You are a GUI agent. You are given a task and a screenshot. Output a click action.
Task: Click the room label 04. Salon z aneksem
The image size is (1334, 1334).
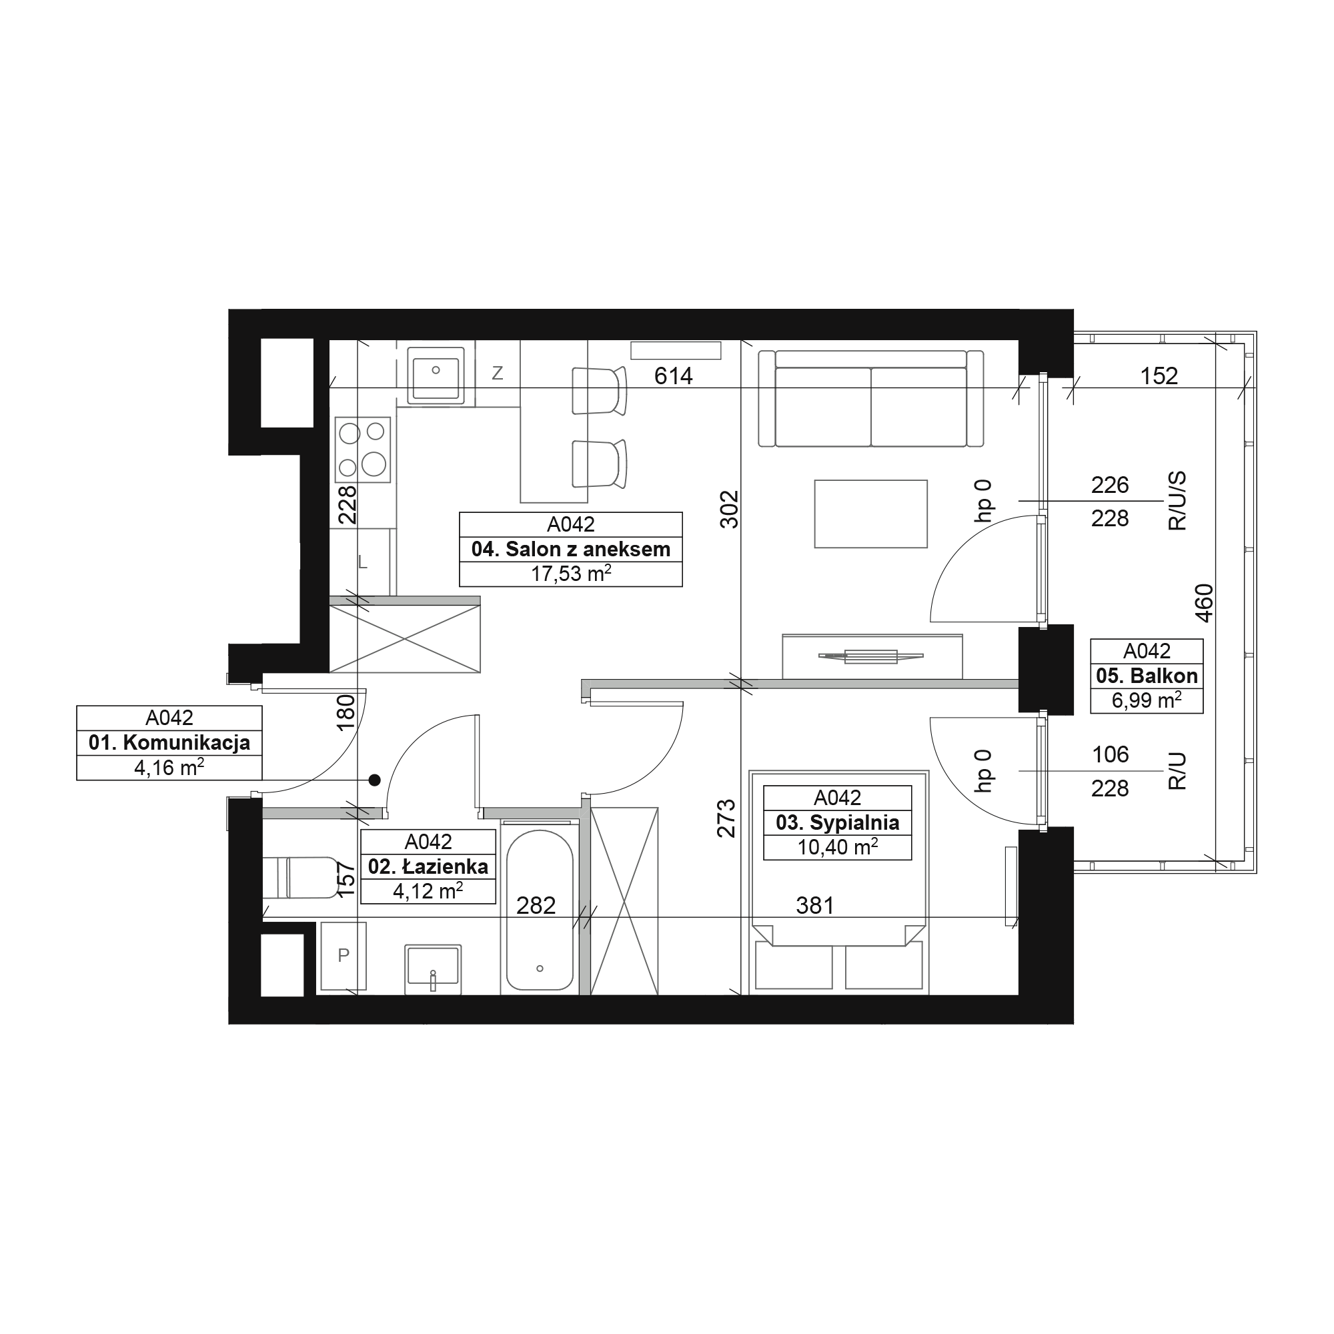click(x=570, y=550)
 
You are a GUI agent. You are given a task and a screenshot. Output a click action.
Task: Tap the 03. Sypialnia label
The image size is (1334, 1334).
click(x=838, y=823)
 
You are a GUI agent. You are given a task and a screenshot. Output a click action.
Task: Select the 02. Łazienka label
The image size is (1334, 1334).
click(x=428, y=866)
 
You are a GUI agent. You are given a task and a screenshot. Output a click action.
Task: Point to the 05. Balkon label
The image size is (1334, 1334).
click(x=1147, y=676)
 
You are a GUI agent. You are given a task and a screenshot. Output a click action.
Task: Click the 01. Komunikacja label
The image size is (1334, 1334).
click(x=169, y=743)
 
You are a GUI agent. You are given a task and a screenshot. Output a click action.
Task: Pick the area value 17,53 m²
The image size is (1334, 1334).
click(x=570, y=574)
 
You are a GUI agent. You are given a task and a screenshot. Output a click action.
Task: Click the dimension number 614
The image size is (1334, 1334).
click(x=673, y=376)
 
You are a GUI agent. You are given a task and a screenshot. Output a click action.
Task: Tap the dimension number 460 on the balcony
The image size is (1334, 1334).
click(x=1203, y=604)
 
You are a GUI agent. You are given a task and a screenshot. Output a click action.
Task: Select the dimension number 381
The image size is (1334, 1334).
click(x=815, y=905)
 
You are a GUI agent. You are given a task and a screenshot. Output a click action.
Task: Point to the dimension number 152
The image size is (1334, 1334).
click(x=1159, y=376)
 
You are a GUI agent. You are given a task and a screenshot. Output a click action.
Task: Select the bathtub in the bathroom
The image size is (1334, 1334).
click(x=539, y=909)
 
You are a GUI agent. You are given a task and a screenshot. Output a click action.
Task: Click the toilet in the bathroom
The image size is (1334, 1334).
click(x=301, y=878)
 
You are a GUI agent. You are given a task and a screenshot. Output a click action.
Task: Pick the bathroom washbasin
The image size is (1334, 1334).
click(x=432, y=968)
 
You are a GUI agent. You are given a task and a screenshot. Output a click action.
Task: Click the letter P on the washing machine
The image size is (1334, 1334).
click(x=343, y=956)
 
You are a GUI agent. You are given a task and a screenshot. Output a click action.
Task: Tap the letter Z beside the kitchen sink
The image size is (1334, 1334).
click(x=497, y=374)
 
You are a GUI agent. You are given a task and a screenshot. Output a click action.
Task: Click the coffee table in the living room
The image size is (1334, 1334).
click(x=870, y=514)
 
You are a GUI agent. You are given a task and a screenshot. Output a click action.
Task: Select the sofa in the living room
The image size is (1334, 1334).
click(x=870, y=398)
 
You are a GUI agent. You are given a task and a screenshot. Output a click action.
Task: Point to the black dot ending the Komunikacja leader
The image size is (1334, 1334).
click(x=374, y=780)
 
